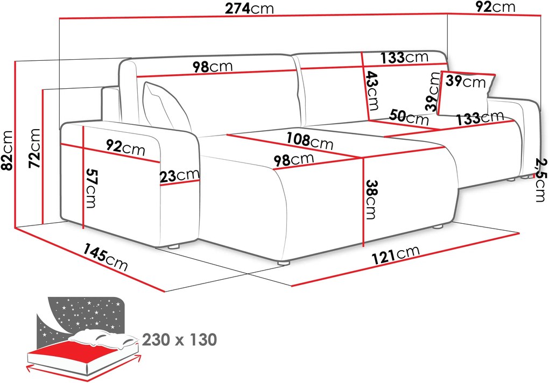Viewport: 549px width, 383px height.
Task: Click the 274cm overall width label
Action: [x=249, y=9]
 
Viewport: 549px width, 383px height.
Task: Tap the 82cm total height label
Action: [x=7, y=150]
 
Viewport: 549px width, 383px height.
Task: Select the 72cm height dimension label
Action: [x=34, y=148]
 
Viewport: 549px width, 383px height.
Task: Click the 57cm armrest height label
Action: [x=90, y=188]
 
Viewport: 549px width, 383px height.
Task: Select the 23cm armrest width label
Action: [x=180, y=175]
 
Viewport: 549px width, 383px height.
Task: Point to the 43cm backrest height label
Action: [x=372, y=90]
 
